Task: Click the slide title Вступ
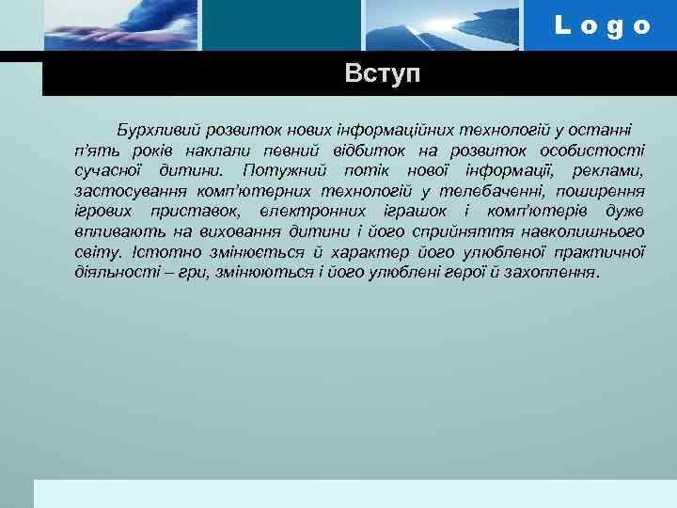(x=383, y=73)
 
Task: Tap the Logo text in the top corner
(x=602, y=25)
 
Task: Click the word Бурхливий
(x=154, y=129)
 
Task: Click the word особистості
(x=590, y=150)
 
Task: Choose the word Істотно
(x=160, y=252)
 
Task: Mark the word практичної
(x=599, y=252)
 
